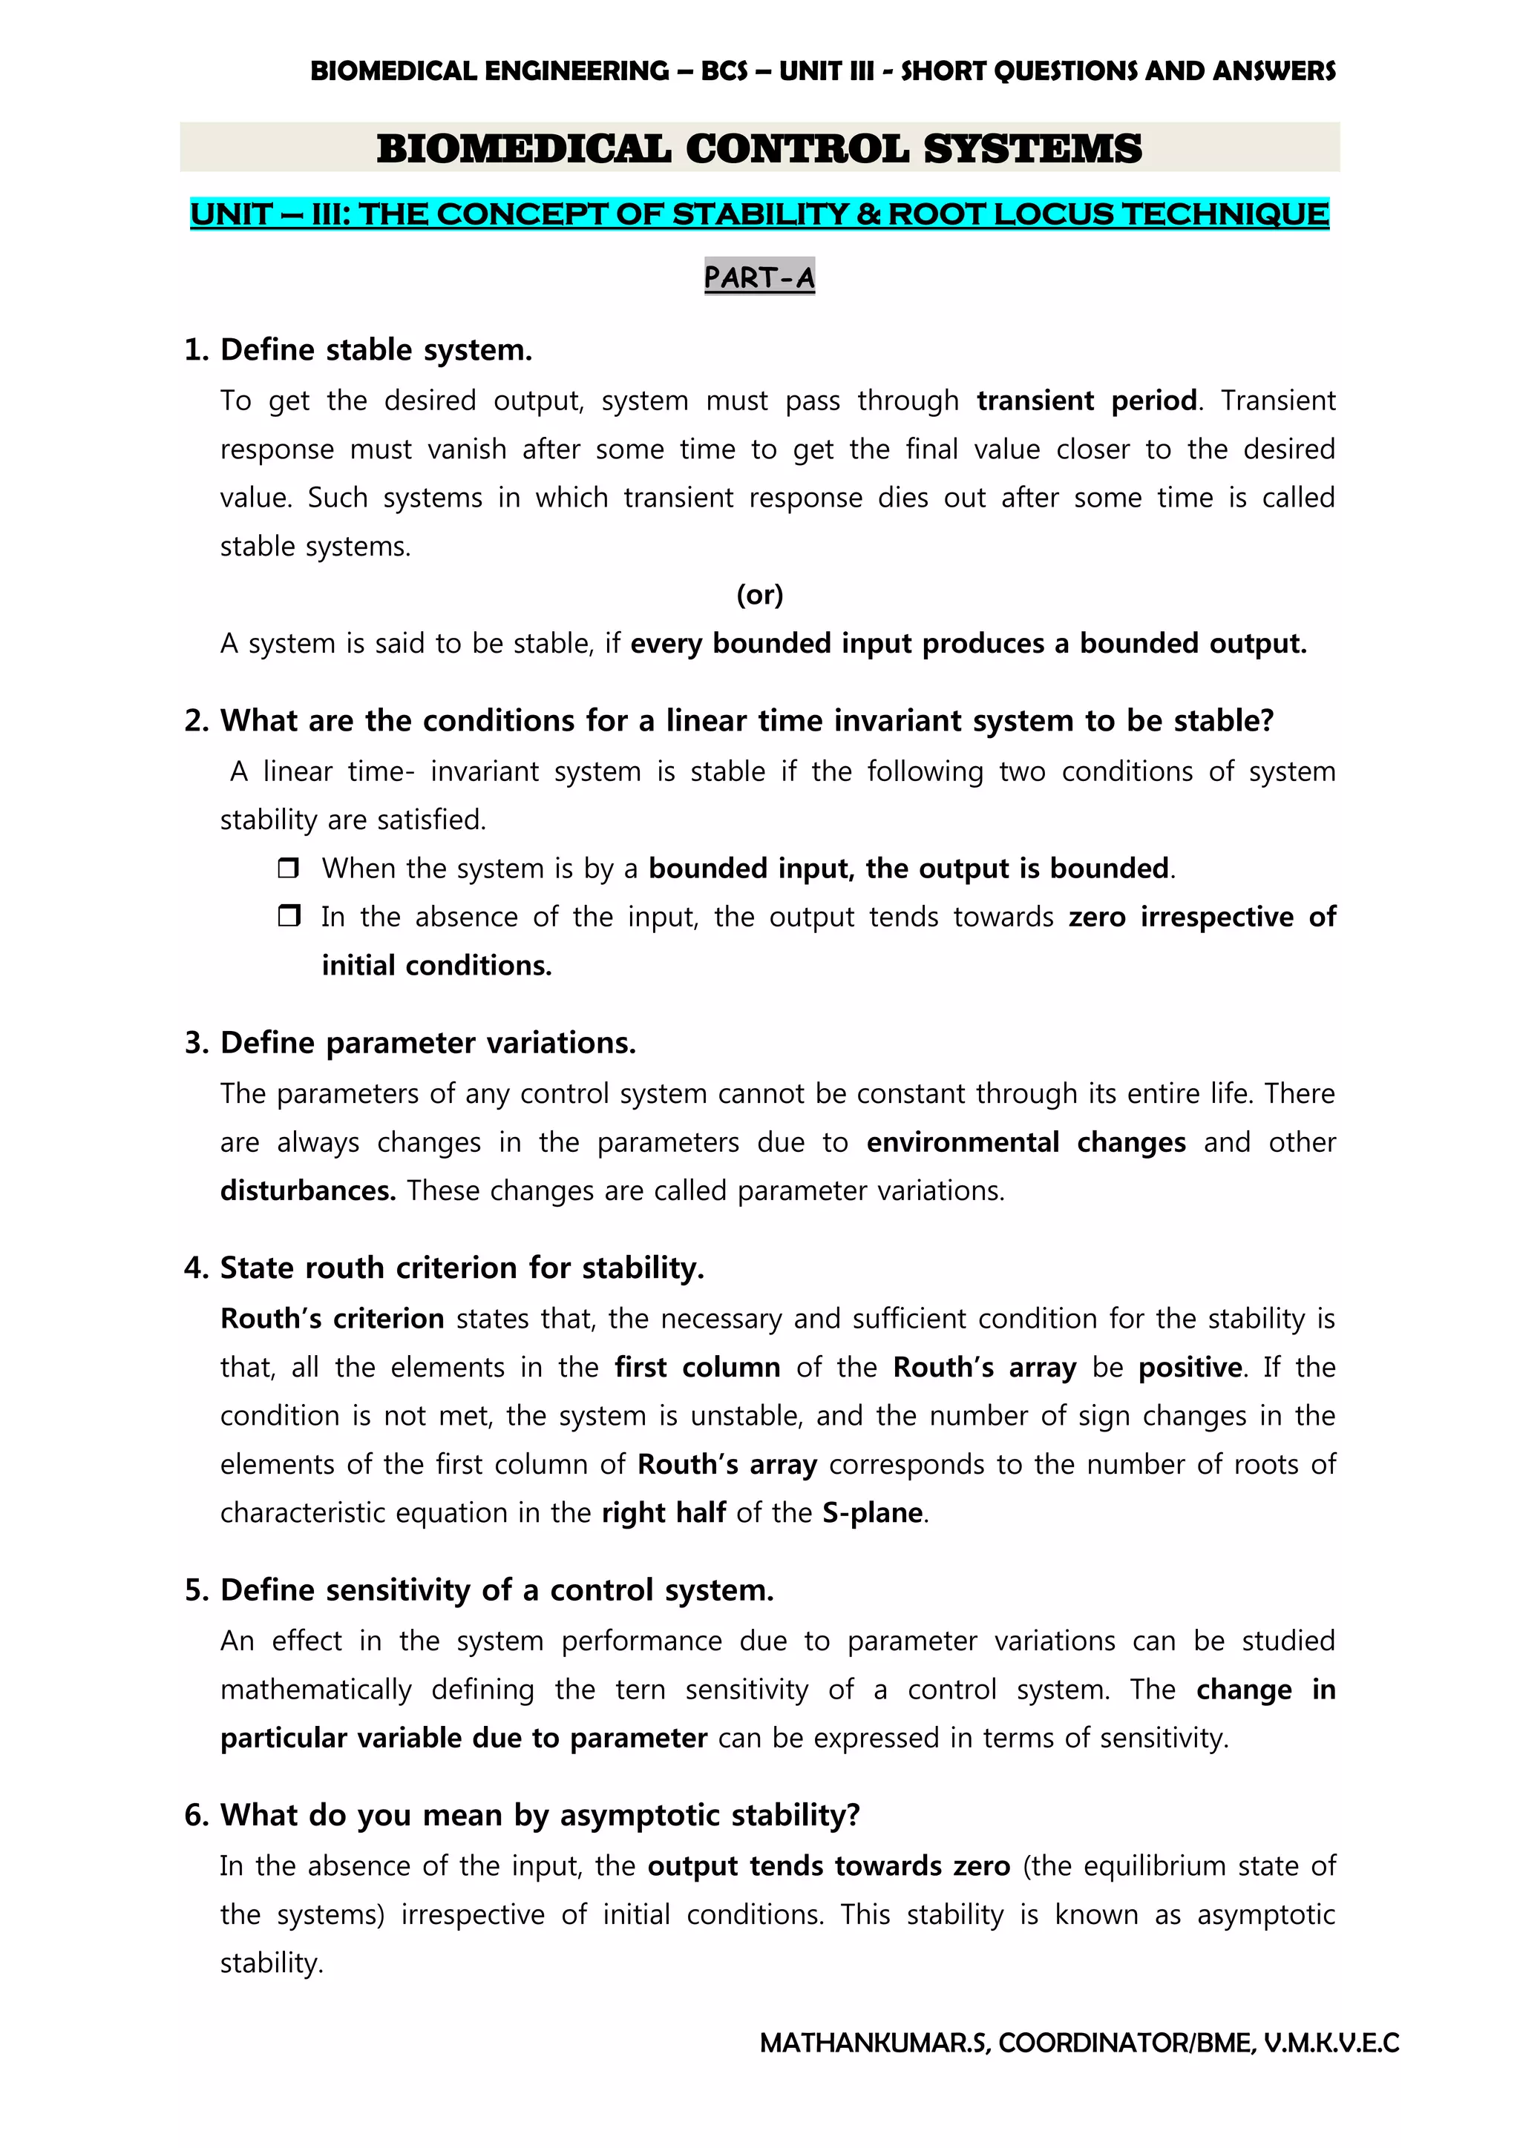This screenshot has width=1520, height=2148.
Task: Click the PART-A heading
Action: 759,277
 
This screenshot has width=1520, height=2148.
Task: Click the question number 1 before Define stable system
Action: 196,350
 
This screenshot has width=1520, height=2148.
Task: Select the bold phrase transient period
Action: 1086,401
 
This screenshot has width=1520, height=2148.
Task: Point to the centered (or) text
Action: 759,594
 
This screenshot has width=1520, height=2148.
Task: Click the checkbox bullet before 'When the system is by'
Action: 288,869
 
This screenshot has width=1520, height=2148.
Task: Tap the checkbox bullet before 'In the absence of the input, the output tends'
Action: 288,916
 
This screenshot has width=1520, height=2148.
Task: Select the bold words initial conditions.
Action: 436,966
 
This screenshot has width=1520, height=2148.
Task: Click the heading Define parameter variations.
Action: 427,1042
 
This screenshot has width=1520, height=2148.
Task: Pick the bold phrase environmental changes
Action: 1026,1142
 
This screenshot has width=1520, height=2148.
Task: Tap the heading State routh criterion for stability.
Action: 462,1268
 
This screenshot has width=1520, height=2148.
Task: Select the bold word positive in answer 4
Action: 1190,1367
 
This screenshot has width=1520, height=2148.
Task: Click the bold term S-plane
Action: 872,1513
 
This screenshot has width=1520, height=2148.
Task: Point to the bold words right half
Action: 663,1513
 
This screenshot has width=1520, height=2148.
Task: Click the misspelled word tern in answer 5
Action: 641,1690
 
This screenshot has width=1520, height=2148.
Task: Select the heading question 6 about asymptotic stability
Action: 539,1815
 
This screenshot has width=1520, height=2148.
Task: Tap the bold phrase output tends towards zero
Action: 828,1865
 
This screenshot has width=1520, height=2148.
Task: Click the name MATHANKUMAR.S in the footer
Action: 874,2043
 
